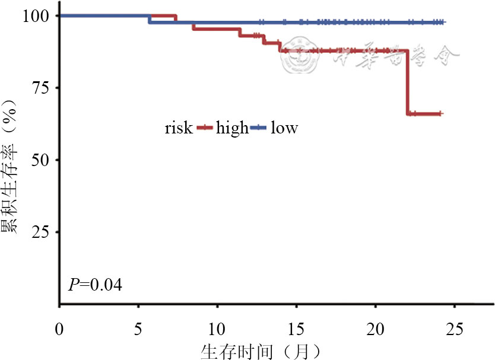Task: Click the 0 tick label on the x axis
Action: click(59, 328)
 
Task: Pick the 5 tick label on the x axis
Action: click(138, 328)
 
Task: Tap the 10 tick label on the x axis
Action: click(217, 328)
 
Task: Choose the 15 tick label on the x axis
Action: click(296, 328)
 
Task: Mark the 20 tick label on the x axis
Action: click(375, 328)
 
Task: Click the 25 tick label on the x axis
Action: click(454, 328)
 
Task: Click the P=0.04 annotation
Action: click(96, 285)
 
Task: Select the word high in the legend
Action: click(232, 128)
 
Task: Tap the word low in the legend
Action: click(284, 128)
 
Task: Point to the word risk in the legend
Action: click(179, 128)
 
